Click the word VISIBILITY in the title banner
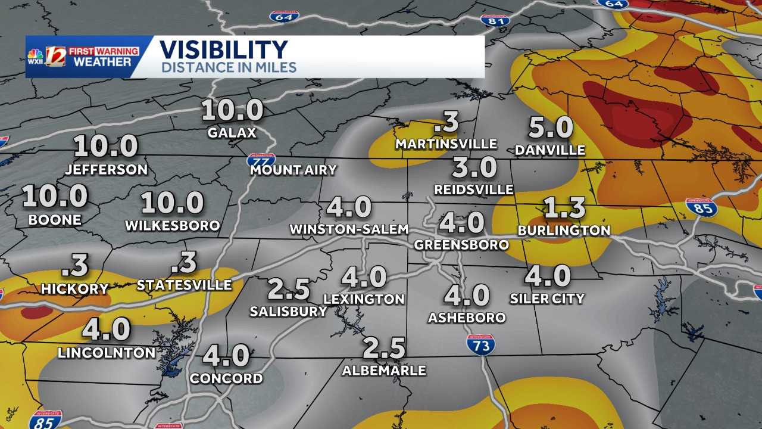[223, 49]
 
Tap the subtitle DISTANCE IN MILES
[229, 67]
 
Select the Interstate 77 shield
[261, 160]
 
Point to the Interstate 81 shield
[495, 20]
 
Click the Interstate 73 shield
[480, 344]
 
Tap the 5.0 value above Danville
[551, 128]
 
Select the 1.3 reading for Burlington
[564, 208]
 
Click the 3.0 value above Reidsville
[474, 167]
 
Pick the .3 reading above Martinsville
[446, 122]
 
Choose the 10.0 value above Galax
[232, 110]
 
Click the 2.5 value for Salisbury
[289, 290]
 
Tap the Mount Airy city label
[293, 170]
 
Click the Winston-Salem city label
[349, 229]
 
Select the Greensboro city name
[461, 244]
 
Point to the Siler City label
[547, 298]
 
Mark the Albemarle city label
[384, 370]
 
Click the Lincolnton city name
[107, 352]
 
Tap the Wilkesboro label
[173, 226]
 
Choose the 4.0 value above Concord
[226, 356]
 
